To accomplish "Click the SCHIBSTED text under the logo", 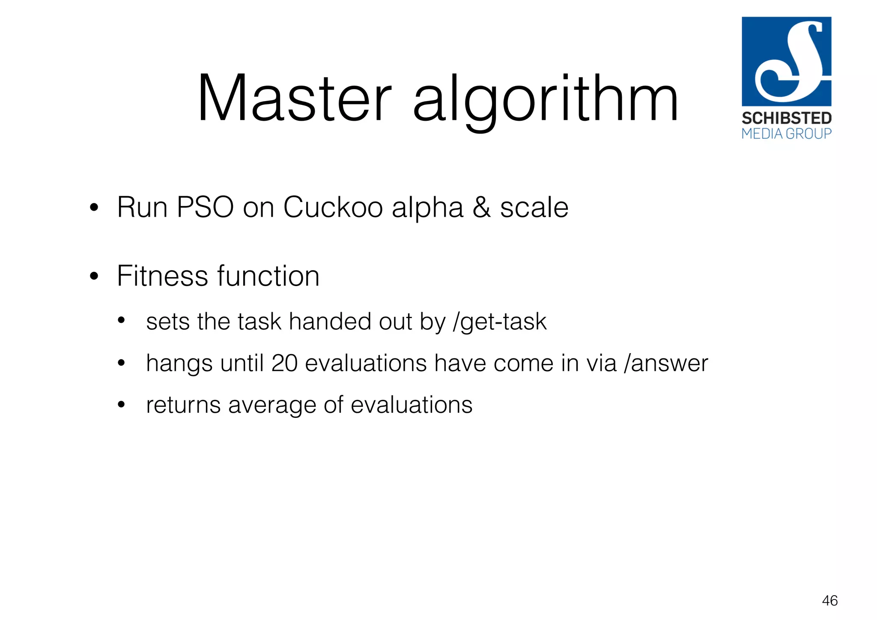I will [787, 118].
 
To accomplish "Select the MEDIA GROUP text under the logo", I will [787, 134].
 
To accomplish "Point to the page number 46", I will [829, 601].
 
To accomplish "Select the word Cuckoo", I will [333, 207].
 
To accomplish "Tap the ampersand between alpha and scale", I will [482, 207].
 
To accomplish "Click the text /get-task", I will [500, 322].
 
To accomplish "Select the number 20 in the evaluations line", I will [284, 363].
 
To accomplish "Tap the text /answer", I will [666, 364].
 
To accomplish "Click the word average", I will [273, 405].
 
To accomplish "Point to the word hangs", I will [179, 364].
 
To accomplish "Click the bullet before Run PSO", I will [94, 209].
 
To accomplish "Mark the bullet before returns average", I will [121, 405].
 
